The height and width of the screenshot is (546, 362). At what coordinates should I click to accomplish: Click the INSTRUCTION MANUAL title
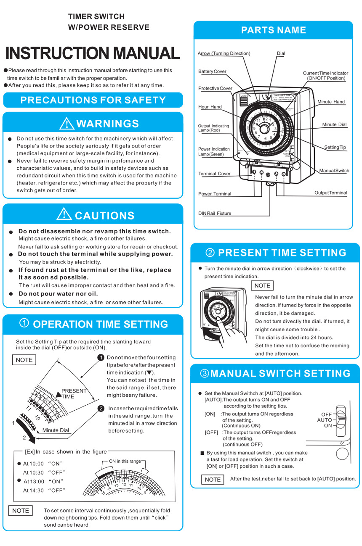93,53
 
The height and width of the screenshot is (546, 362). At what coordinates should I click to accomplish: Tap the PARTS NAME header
273,30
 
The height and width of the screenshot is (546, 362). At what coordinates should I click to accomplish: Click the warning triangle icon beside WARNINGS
67,123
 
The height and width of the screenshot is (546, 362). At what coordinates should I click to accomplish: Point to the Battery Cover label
212,71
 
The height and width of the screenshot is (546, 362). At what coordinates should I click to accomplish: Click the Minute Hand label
331,102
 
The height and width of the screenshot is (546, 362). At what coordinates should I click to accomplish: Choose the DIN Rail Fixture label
215,214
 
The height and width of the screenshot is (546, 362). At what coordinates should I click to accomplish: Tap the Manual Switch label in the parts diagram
334,171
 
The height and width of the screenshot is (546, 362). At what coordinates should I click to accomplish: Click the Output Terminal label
330,193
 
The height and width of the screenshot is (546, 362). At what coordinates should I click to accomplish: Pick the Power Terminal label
215,194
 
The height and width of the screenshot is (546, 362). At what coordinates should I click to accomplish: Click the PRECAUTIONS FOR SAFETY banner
93,100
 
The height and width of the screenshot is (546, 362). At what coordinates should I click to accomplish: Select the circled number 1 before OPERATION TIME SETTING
24,323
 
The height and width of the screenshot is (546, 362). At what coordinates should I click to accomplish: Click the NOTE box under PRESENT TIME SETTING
262,285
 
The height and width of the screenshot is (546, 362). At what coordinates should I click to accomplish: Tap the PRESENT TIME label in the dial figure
73,393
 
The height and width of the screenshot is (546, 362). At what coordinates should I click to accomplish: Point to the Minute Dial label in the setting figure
56,430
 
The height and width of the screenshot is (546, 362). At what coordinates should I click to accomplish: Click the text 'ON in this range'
125,461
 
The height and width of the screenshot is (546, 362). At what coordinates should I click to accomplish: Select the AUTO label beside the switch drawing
325,420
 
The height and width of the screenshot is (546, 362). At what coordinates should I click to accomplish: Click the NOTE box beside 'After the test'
213,480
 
